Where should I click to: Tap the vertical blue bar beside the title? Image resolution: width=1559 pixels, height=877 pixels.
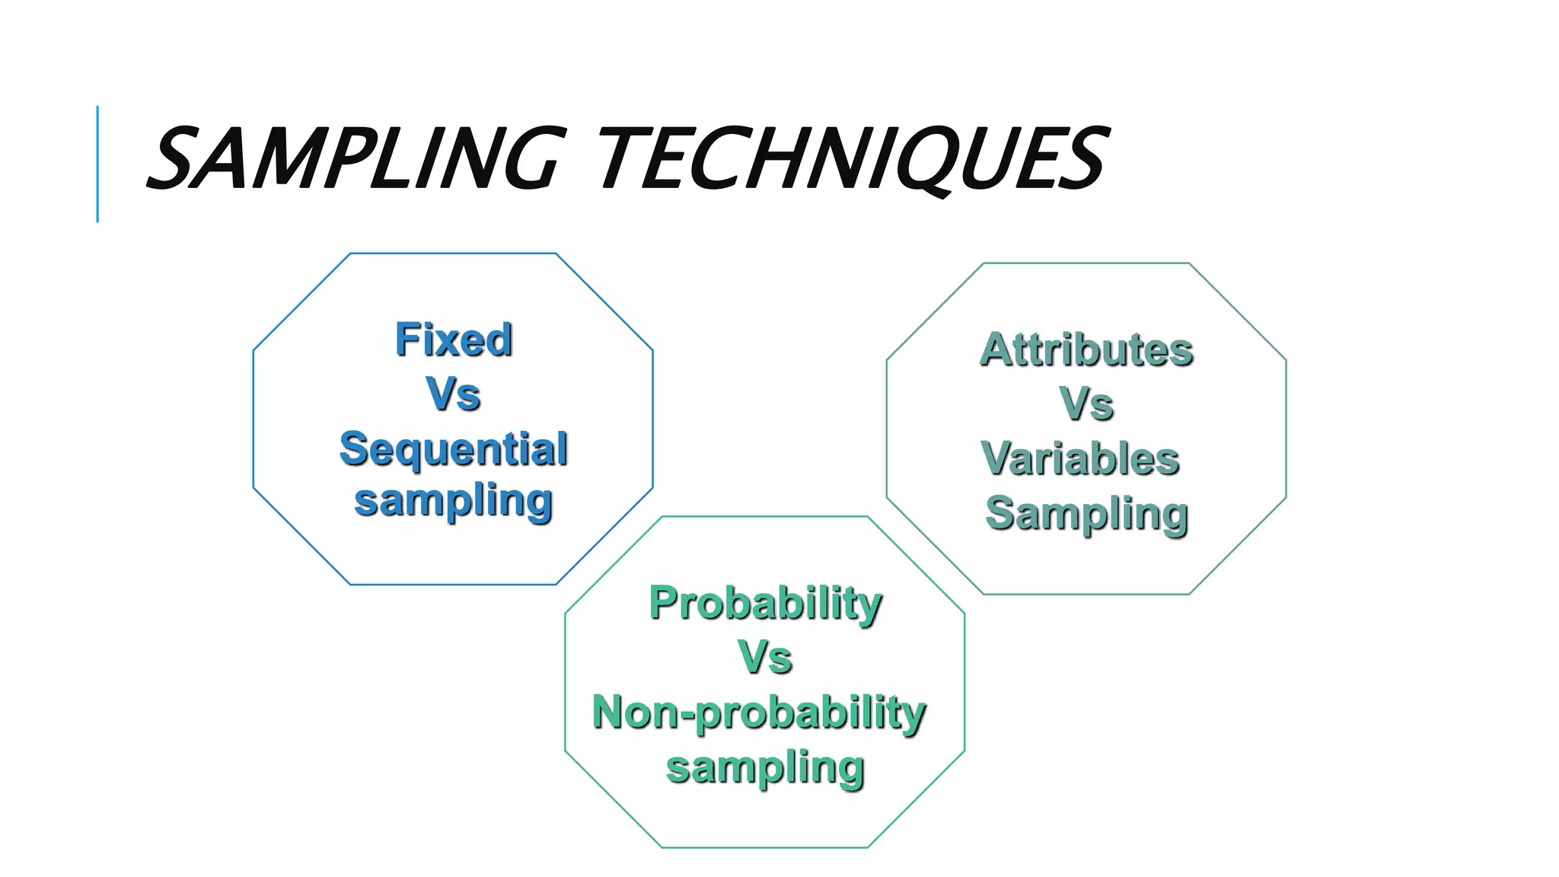[x=97, y=164]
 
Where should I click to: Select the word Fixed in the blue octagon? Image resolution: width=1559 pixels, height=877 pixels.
[x=454, y=340]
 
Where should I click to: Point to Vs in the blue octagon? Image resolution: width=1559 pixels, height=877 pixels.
[x=454, y=394]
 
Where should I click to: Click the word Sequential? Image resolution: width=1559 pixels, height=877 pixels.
[x=454, y=448]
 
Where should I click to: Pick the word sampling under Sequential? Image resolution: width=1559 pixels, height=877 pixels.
[x=454, y=502]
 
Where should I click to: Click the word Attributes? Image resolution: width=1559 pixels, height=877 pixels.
[x=1086, y=349]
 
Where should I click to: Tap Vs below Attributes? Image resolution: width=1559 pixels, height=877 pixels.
[x=1086, y=403]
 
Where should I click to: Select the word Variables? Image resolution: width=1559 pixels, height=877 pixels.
[x=1081, y=459]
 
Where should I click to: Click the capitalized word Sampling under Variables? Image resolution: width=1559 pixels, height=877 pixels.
[x=1086, y=515]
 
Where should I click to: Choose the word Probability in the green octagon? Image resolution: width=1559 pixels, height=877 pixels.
[x=765, y=604]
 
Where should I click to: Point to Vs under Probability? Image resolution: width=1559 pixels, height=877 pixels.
[x=765, y=657]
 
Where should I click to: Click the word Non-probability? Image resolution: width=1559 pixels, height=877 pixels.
[x=759, y=713]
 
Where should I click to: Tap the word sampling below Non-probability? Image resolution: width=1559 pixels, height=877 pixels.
[x=765, y=767]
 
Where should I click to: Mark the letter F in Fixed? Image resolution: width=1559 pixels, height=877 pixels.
[x=407, y=340]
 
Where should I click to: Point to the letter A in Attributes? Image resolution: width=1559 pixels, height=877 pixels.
[x=998, y=349]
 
